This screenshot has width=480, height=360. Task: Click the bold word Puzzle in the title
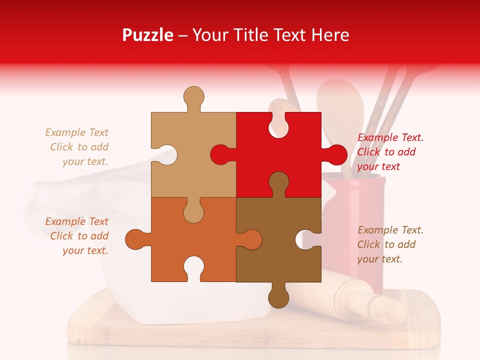click(148, 35)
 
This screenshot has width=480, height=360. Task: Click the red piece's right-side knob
click(335, 154)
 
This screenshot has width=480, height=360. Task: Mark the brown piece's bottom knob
click(278, 296)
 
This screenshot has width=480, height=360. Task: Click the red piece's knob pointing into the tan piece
click(220, 154)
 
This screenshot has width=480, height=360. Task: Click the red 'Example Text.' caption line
click(390, 137)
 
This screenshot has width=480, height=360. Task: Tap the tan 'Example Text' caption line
click(76, 132)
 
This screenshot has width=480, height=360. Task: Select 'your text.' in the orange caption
click(85, 250)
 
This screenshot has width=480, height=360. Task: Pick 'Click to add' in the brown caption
click(386, 244)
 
